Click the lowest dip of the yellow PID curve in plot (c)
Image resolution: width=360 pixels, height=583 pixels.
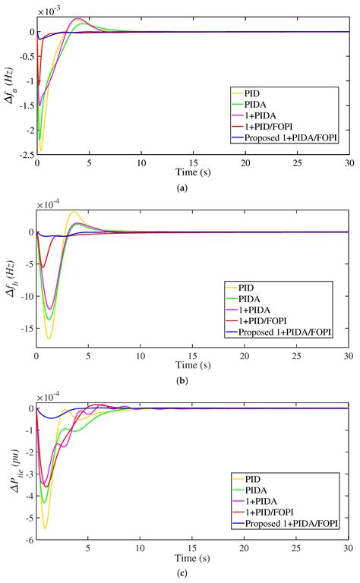46,527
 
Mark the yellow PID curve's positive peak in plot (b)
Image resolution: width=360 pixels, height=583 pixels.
73,212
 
